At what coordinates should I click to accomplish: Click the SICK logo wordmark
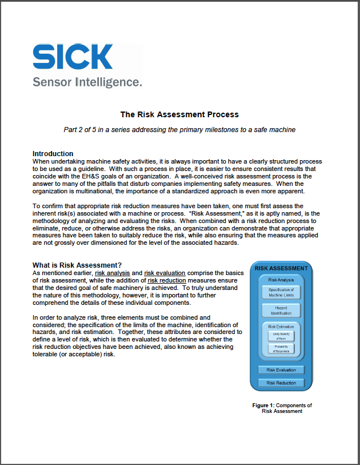click(73, 57)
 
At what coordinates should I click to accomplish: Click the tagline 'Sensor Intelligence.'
click(87, 82)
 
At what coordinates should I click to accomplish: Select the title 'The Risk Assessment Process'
click(179, 114)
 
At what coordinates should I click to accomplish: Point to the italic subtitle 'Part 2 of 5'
click(179, 130)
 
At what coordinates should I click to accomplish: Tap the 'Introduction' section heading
click(53, 153)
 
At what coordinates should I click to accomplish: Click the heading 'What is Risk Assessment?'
click(77, 265)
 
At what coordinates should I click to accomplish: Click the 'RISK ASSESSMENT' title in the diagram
click(281, 268)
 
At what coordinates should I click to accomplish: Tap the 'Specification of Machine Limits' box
click(281, 293)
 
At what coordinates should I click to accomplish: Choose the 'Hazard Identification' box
click(281, 311)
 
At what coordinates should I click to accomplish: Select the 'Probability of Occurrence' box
click(281, 348)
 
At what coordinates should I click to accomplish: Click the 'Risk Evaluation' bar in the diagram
click(281, 370)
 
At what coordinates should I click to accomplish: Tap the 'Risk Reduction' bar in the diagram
click(281, 383)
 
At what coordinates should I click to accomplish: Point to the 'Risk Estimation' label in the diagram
click(281, 327)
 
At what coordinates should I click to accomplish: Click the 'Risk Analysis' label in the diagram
click(281, 280)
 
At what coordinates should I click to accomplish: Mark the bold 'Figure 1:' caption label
click(265, 406)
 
